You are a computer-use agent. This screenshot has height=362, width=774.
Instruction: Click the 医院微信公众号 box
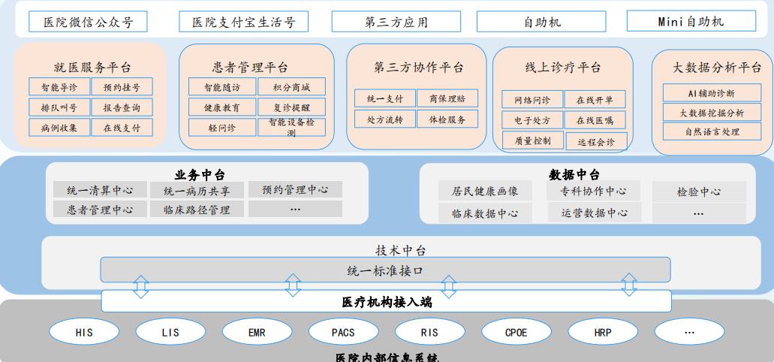click(88, 22)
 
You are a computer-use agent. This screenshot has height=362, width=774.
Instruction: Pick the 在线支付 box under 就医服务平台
click(122, 128)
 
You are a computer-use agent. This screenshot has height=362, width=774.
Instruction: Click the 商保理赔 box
click(447, 98)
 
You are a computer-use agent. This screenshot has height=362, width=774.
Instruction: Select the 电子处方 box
click(532, 120)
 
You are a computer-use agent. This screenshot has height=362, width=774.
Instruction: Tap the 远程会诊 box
click(596, 140)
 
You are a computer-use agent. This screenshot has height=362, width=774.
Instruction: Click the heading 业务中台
click(200, 174)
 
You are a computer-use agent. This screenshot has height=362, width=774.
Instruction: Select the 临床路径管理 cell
click(197, 210)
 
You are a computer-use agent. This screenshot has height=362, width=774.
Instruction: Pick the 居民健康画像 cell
click(484, 192)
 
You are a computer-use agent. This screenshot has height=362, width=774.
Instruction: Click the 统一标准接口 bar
click(385, 270)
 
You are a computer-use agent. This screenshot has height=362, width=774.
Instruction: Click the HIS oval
click(84, 330)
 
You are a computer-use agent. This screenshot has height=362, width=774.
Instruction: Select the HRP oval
click(603, 330)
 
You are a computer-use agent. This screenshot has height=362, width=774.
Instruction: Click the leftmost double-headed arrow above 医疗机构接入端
click(140, 285)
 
